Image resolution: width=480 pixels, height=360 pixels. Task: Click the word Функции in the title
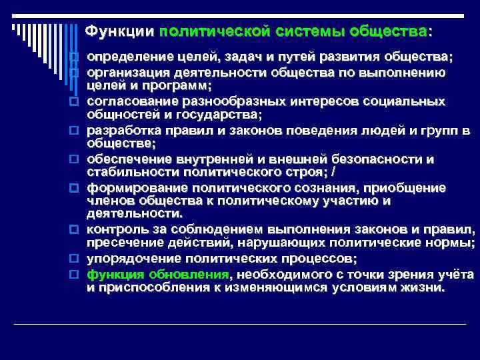click(121, 31)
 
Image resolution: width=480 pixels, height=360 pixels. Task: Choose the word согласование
click(130, 101)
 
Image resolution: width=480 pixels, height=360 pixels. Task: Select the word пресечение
click(123, 244)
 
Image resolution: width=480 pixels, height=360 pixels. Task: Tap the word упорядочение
click(132, 259)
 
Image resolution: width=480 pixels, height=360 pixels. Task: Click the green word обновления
click(188, 274)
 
